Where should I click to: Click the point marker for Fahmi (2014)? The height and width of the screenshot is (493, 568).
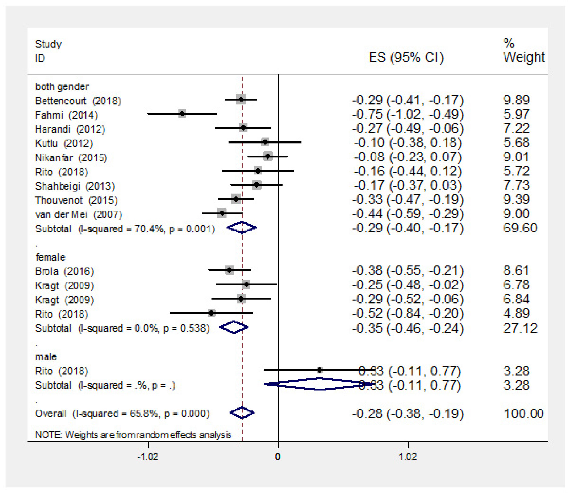coord(182,114)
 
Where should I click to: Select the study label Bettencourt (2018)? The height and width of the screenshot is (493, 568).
coord(78,101)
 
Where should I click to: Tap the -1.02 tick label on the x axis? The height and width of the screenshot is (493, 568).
coord(148,457)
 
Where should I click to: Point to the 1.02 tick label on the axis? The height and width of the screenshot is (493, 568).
coord(408,457)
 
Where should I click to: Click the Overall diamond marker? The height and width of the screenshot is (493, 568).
coord(242,413)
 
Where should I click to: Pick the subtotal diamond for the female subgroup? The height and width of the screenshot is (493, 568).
coord(234,327)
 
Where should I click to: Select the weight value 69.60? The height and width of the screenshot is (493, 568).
coord(520,228)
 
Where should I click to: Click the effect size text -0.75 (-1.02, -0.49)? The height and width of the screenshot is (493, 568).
coord(407,114)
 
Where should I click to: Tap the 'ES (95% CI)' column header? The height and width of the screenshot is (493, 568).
coord(406,57)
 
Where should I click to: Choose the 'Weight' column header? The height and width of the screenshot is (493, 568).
coord(524,57)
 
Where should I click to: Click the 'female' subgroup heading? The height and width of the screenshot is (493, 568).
coord(50,257)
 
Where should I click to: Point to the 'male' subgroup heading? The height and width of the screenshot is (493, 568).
coord(46,356)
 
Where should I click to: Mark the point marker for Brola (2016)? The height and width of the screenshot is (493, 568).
coord(230,270)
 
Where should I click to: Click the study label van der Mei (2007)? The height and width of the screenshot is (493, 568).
coord(79,214)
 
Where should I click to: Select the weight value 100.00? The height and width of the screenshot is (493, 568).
coord(524,414)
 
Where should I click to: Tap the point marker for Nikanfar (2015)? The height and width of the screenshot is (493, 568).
coord(268,157)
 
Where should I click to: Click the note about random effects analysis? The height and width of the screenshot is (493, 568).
coord(133,435)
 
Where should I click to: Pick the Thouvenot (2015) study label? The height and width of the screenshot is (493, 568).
coord(76,200)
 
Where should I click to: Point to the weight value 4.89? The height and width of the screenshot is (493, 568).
coord(516,313)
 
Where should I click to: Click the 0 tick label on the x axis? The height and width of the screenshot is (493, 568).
coord(277,457)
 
